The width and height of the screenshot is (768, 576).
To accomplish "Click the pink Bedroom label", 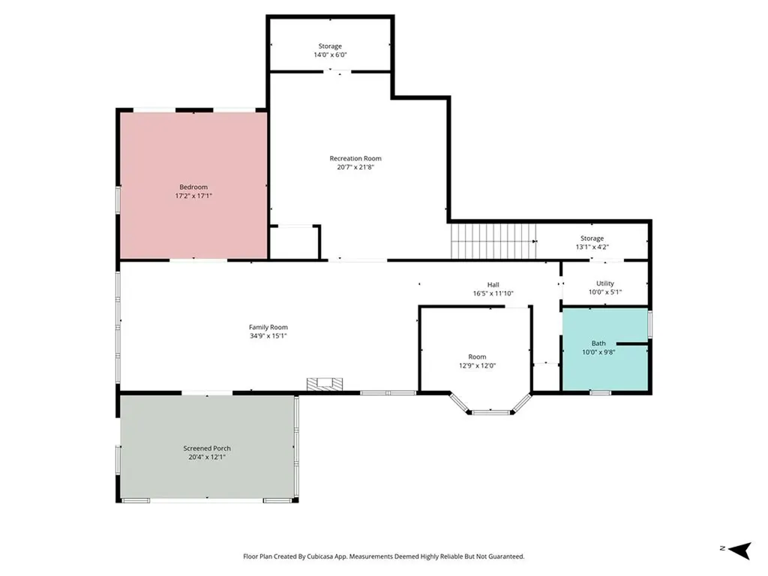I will click(x=193, y=187).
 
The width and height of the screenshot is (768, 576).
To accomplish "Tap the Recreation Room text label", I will click(x=355, y=158).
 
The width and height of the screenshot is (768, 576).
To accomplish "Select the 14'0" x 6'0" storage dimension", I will click(x=330, y=55).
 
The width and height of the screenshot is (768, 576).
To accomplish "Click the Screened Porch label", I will click(x=206, y=448).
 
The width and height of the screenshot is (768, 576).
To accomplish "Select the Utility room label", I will click(x=605, y=283).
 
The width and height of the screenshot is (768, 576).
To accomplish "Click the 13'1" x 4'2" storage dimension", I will click(x=592, y=247).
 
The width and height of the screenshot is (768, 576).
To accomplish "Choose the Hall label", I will click(x=493, y=284).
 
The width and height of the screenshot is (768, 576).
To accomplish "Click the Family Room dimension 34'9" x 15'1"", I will click(x=268, y=336).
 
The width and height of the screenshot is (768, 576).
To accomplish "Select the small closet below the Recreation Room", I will click(x=294, y=241).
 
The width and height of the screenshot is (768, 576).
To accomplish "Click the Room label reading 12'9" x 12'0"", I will click(x=477, y=357).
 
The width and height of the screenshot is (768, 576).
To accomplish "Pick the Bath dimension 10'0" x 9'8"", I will click(x=598, y=352).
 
